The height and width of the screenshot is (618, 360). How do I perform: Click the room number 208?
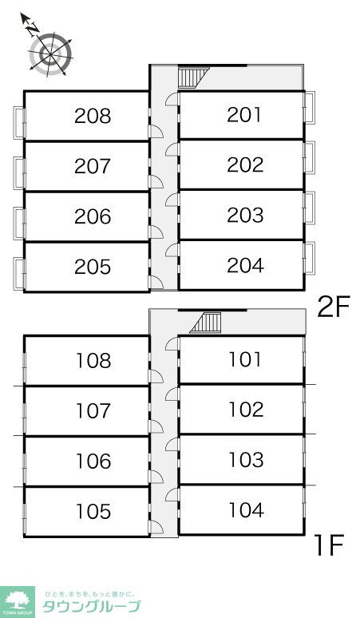tap(93, 116)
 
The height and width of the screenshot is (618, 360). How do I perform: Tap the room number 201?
tap(244, 114)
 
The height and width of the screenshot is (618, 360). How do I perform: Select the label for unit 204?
tap(245, 265)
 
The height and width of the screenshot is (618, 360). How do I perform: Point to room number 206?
tap(93, 216)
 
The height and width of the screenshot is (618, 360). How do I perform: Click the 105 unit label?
tap(93, 512)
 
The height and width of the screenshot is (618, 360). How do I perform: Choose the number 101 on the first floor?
tap(245, 359)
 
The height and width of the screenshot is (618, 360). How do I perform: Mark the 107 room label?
tap(93, 411)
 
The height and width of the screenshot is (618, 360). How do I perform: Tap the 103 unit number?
tap(246, 460)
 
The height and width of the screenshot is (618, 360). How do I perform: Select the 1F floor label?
tap(330, 545)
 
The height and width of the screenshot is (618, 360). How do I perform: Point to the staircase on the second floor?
tap(193, 77)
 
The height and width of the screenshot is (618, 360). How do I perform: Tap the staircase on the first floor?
tap(206, 323)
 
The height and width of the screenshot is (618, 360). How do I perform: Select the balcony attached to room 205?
tap(19, 274)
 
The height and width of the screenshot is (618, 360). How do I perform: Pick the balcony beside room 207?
tap(19, 173)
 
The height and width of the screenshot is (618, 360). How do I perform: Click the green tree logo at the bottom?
tap(17, 601)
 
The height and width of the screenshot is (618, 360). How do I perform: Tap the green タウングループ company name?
tap(91, 606)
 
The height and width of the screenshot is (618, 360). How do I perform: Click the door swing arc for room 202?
tap(172, 149)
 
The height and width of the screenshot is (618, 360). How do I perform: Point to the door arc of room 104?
tap(172, 494)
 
